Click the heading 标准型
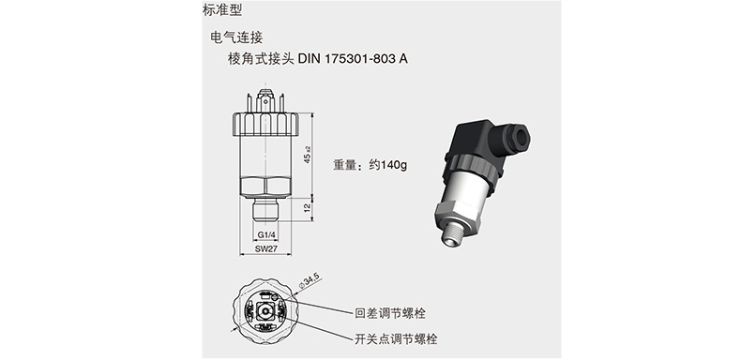(221, 10)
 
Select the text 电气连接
(236, 37)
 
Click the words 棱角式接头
(261, 59)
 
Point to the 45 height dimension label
(307, 155)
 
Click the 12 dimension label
(307, 208)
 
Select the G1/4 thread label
(266, 234)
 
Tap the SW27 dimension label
(265, 248)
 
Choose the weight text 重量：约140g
(370, 165)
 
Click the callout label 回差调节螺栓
(390, 313)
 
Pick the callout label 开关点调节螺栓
(396, 338)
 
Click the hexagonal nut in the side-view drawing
(265, 187)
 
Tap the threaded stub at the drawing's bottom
(265, 210)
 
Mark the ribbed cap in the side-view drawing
(265, 125)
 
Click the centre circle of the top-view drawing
(265, 312)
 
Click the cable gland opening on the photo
(521, 136)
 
